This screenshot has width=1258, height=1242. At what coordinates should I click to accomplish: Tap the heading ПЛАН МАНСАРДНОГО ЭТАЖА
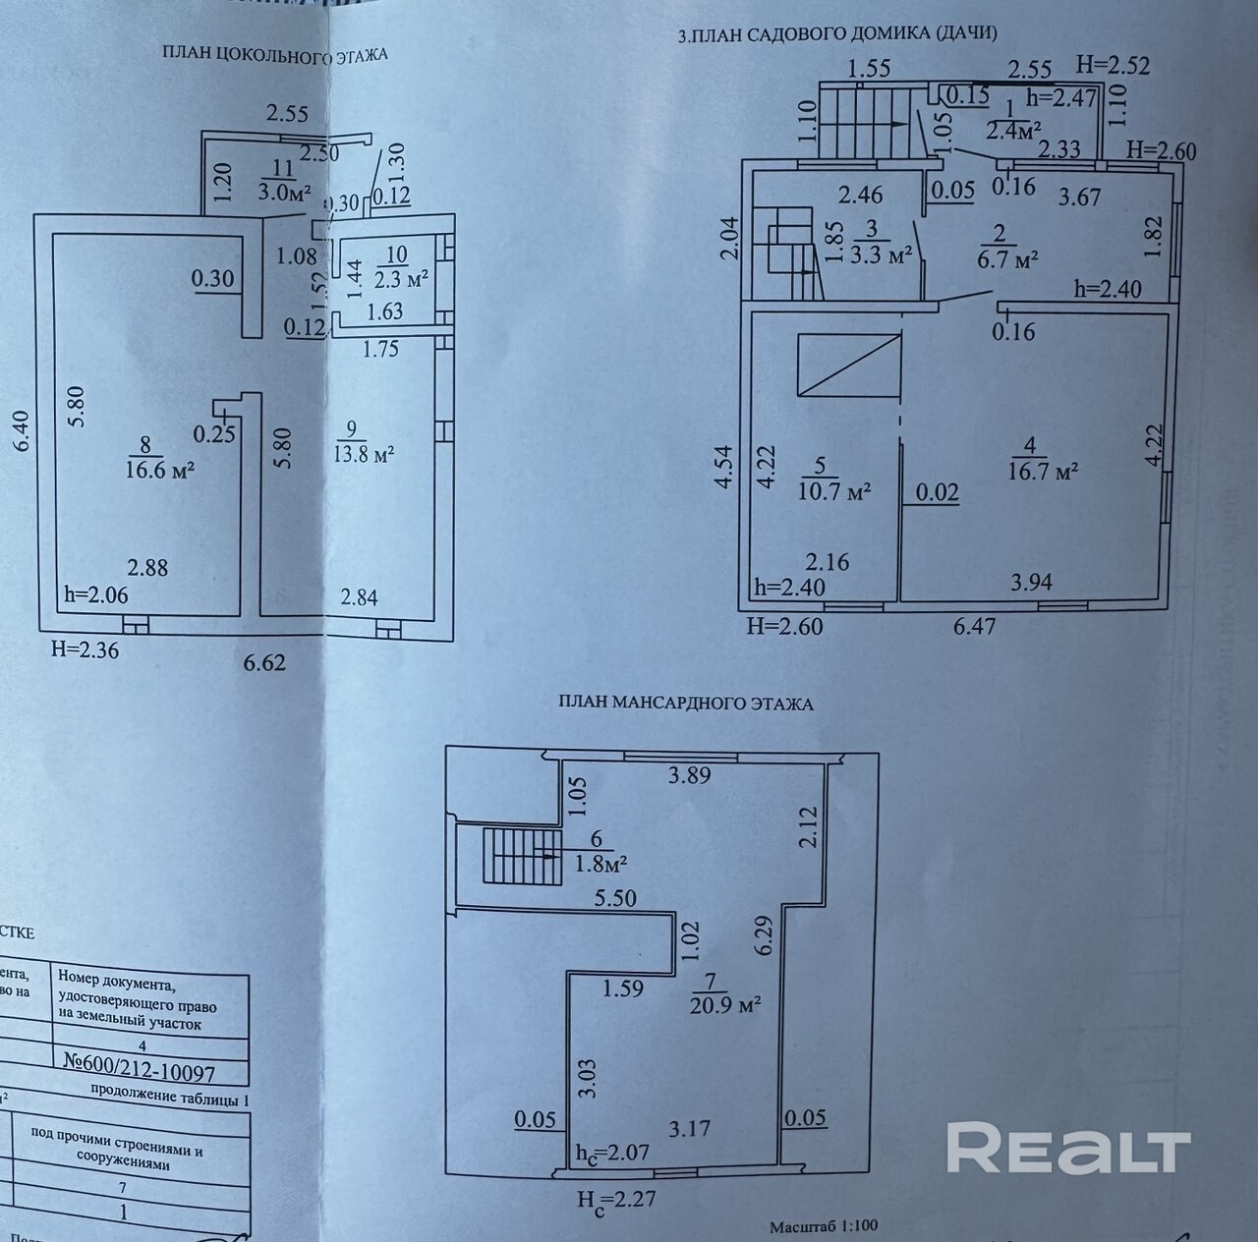(686, 704)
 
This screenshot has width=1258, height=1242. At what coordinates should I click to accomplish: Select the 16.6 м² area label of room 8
(158, 470)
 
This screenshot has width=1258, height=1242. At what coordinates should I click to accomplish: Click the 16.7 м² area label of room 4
(1043, 471)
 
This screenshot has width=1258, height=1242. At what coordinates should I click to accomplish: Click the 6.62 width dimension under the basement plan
(264, 662)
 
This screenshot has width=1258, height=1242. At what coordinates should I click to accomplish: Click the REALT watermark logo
(1068, 1151)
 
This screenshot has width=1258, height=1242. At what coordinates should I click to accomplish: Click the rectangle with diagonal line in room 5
(849, 365)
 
